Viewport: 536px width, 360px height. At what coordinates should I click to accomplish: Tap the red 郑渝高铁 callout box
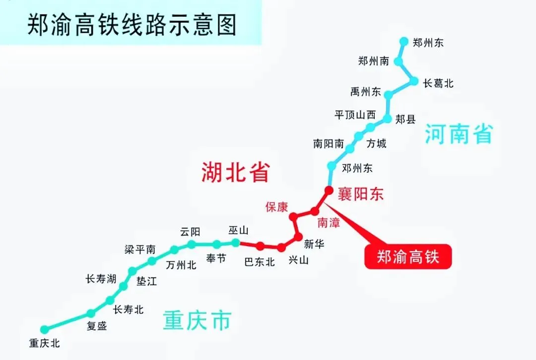coord(408,257)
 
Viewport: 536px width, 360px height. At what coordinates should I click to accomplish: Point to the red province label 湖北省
coord(235,172)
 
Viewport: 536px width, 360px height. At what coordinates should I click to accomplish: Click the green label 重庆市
coord(197,321)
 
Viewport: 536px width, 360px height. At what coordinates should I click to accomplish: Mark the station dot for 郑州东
coord(403,41)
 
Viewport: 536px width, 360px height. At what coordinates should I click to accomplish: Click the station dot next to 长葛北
coord(413,81)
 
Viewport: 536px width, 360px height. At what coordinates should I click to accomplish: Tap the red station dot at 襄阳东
coord(328,190)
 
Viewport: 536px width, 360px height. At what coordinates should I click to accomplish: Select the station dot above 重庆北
coord(45,329)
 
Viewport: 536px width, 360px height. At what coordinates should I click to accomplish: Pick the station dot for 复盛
coord(91,313)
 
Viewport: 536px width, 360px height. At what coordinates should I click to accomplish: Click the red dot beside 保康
coord(293,216)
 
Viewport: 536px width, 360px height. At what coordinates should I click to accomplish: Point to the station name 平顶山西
coord(355,115)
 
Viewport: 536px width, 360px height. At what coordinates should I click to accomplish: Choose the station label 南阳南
coord(329,144)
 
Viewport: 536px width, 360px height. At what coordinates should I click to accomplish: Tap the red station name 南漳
coord(329,223)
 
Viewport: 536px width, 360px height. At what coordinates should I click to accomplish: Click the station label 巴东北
coord(260,262)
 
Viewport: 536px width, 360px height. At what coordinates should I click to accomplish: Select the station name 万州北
coord(181,265)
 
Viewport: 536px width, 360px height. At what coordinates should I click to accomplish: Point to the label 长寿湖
coord(101,280)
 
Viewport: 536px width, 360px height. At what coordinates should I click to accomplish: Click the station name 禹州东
coord(366,92)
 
